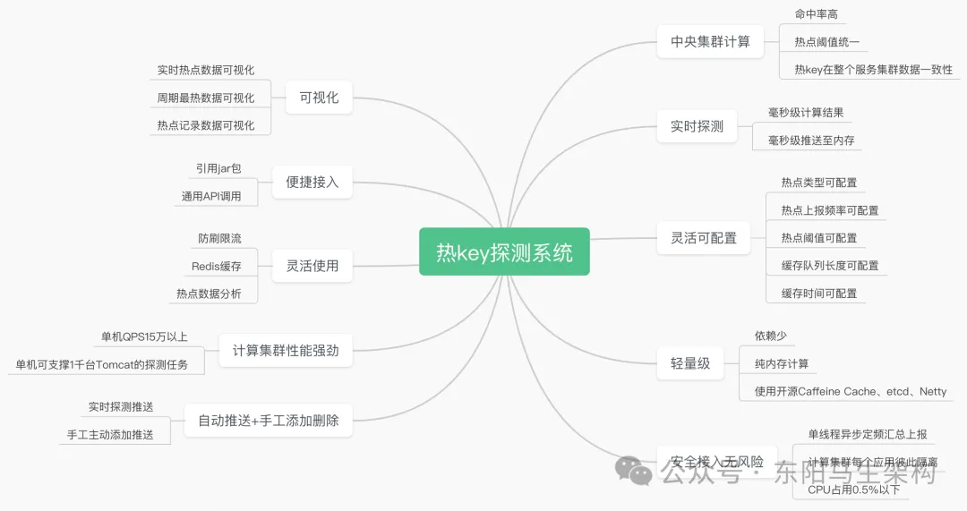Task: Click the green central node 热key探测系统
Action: point(504,252)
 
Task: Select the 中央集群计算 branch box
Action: point(710,41)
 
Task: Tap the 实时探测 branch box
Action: point(697,126)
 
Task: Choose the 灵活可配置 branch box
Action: point(703,237)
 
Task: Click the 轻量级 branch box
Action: point(689,362)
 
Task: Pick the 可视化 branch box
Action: point(319,98)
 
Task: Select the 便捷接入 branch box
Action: point(312,182)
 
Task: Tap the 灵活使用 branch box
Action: point(312,266)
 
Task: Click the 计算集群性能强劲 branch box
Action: point(286,350)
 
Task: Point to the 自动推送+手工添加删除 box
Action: point(268,420)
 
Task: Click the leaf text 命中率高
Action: point(814,14)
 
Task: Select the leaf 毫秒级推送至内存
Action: point(811,141)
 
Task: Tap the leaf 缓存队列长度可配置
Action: point(829,265)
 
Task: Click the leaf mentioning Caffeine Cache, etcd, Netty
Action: point(850,391)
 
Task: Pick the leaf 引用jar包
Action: point(218,168)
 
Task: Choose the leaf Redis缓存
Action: point(216,266)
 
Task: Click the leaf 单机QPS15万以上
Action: point(144,336)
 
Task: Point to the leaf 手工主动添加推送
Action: point(110,434)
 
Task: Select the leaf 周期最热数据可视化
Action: point(205,98)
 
